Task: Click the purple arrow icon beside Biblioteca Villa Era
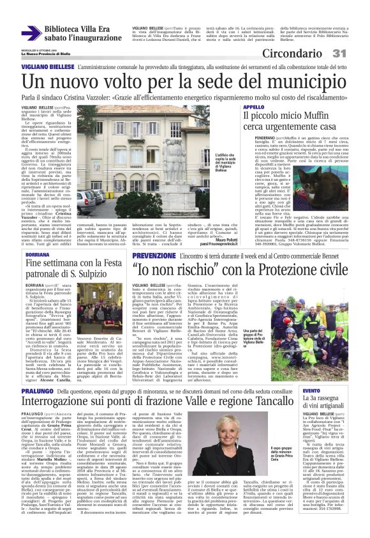31,33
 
